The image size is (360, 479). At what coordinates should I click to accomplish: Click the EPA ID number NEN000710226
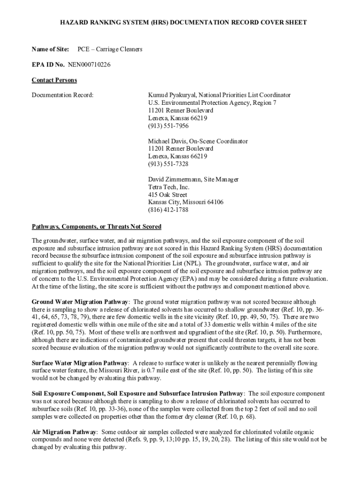point(89,65)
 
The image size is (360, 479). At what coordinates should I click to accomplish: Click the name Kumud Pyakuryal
point(169,95)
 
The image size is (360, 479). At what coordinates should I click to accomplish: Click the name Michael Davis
point(166,141)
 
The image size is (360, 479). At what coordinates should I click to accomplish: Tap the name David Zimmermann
point(171,179)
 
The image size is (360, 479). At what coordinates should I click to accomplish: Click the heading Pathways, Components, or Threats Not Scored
point(96,227)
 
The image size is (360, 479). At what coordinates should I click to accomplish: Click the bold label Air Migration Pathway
point(64,432)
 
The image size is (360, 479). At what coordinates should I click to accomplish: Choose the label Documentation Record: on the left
point(63,95)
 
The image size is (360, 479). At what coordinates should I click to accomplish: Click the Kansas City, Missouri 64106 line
point(186,202)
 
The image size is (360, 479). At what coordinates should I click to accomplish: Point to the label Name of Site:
point(50,49)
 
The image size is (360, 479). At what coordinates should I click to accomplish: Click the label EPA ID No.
point(48,65)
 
